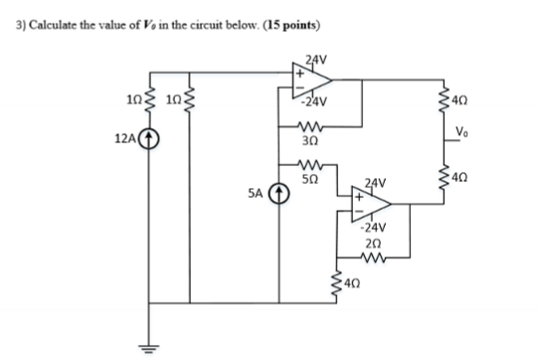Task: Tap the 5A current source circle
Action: tap(279, 196)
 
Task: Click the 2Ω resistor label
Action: tap(372, 244)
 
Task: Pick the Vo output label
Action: tap(461, 134)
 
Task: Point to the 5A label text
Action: tap(259, 196)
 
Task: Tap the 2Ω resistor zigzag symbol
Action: tap(374, 259)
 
